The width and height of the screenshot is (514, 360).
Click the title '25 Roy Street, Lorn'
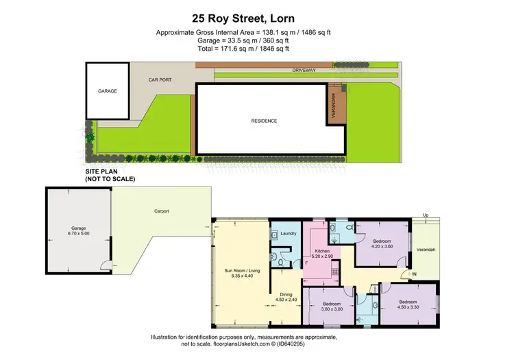256,19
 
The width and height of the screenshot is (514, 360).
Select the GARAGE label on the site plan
107,90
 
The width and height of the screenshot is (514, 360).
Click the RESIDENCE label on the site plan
264,121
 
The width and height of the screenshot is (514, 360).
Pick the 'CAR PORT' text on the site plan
160,80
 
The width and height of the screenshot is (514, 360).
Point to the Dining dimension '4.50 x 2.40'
286,299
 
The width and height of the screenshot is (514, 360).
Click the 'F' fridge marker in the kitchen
306,263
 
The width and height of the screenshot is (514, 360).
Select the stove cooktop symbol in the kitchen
335,272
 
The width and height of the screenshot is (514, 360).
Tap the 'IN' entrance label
413,275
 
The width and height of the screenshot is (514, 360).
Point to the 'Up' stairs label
426,215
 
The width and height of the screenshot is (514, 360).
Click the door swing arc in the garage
103,267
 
